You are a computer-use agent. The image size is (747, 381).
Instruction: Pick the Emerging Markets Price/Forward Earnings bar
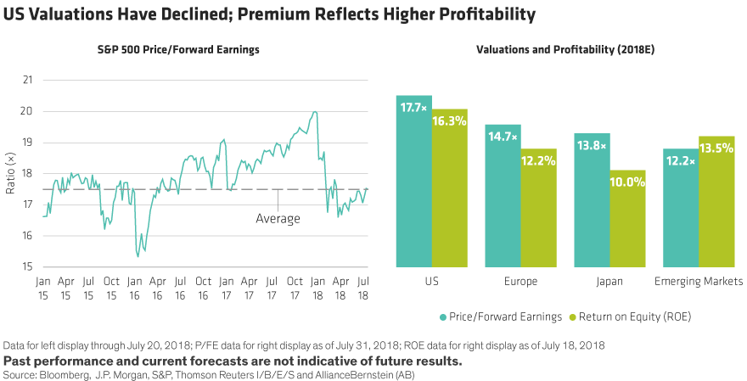tap(682, 208)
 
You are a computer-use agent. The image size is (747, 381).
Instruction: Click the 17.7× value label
tap(414, 108)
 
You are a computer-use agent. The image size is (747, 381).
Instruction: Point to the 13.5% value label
tap(717, 148)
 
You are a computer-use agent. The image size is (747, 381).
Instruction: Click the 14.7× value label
tap(503, 137)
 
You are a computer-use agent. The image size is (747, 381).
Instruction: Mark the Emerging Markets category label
tap(699, 280)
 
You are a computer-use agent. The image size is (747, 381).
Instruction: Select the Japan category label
tap(610, 280)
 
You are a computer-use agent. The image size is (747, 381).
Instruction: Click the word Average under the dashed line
tap(278, 219)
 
